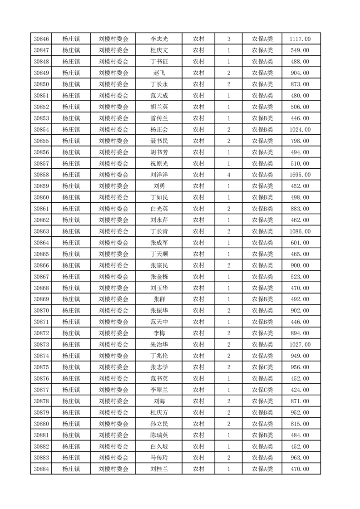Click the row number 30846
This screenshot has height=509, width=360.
point(41,39)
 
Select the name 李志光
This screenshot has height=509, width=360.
point(159,39)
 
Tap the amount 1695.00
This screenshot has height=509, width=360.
point(300,175)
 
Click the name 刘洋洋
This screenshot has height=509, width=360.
point(159,175)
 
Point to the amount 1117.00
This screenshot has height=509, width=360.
point(300,39)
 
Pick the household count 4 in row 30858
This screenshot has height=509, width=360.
point(228,175)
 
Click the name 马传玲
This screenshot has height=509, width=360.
point(159,458)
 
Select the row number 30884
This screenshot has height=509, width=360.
point(41,469)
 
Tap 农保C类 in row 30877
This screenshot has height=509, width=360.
point(262,390)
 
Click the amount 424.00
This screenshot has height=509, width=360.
point(300,390)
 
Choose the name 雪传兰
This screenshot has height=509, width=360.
point(159,118)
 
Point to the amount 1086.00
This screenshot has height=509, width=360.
point(300,231)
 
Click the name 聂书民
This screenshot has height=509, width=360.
point(159,141)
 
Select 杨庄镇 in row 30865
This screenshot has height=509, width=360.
point(71,254)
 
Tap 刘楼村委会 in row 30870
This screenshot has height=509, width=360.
point(113,310)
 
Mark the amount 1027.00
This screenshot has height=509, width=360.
point(300,344)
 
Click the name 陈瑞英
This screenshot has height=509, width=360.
point(159,435)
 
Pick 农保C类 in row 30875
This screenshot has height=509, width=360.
point(262,367)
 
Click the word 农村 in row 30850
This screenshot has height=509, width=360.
point(198,84)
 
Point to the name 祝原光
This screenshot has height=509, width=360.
point(159,163)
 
